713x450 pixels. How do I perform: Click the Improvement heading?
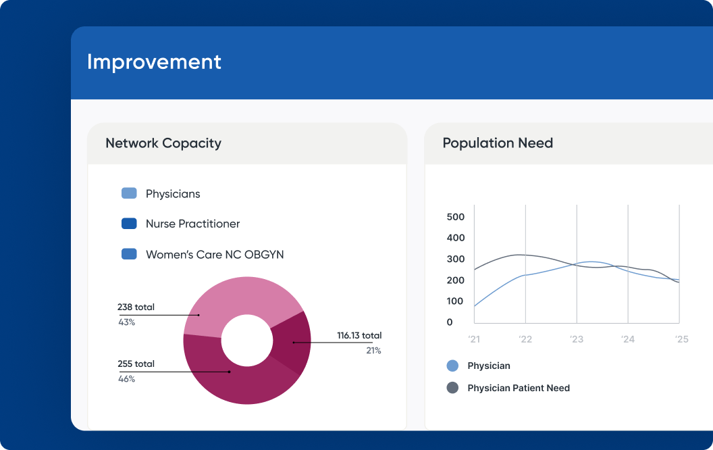pyautogui.click(x=154, y=62)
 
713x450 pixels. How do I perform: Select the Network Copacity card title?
pyautogui.click(x=163, y=143)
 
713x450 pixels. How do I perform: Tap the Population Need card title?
pyautogui.click(x=498, y=143)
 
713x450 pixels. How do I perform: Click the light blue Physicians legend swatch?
pyautogui.click(x=129, y=194)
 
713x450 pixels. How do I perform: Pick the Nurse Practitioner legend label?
pyautogui.click(x=192, y=224)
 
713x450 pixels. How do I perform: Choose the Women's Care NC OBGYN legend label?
pyautogui.click(x=215, y=255)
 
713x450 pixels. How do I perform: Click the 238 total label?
pyautogui.click(x=136, y=307)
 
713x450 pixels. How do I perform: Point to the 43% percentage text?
pyautogui.click(x=126, y=322)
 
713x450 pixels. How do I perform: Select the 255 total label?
pyautogui.click(x=136, y=364)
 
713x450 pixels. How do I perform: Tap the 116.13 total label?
pyautogui.click(x=359, y=336)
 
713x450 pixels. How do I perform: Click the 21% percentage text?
pyautogui.click(x=373, y=351)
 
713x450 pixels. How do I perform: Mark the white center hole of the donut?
pyautogui.click(x=246, y=340)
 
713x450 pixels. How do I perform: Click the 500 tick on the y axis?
pyautogui.click(x=456, y=217)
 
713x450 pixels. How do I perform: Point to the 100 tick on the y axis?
pyautogui.click(x=456, y=301)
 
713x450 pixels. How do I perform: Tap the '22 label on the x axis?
pyautogui.click(x=525, y=339)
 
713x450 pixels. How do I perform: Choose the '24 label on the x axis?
pyautogui.click(x=628, y=339)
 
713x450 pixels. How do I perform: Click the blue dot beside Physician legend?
pyautogui.click(x=452, y=366)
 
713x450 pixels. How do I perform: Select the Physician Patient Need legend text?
pyautogui.click(x=519, y=388)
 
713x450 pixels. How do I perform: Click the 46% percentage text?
pyautogui.click(x=126, y=379)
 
